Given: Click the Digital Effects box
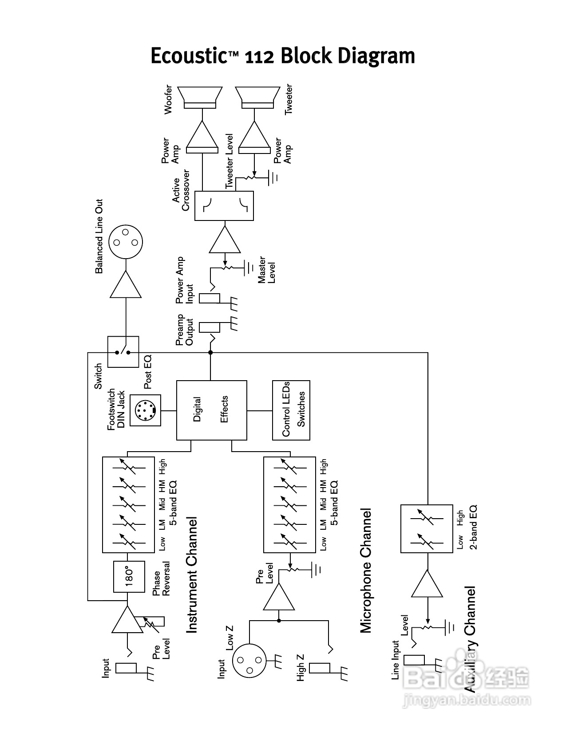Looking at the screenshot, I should tap(212, 410).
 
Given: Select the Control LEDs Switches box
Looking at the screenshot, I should tap(291, 410).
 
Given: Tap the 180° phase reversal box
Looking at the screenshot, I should tap(129, 577).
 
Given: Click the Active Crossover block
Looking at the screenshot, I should tap(224, 206).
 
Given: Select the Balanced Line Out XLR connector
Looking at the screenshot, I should tap(126, 242).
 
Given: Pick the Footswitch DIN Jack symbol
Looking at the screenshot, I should tap(145, 411).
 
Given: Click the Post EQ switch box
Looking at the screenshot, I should tap(123, 352).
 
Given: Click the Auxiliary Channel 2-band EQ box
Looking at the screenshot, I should tap(427, 528).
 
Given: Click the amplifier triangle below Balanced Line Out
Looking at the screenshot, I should tap(126, 286).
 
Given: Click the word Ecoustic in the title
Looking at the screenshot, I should tap(189, 56).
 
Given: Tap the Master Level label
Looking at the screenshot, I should tap(266, 270).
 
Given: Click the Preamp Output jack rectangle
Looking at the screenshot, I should tap(209, 327).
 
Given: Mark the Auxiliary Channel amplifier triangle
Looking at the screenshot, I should tap(427, 584).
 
